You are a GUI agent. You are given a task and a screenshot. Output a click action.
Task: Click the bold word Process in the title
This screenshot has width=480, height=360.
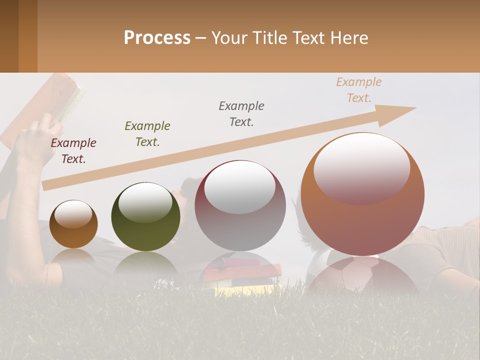(157, 37)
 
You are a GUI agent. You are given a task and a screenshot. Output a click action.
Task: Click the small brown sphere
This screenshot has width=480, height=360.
(73, 224)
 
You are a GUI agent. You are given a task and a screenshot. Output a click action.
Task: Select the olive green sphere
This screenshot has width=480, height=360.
(145, 216)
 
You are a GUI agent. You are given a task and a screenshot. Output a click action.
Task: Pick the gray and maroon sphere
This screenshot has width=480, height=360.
(240, 205)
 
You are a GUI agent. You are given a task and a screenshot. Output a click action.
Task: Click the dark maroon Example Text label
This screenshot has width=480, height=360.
(73, 151)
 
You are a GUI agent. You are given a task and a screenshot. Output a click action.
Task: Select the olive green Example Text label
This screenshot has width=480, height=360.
(147, 134)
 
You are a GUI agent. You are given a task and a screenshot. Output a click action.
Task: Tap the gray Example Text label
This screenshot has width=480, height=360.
(241, 114)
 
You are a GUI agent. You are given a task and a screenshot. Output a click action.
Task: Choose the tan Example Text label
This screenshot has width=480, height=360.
(359, 90)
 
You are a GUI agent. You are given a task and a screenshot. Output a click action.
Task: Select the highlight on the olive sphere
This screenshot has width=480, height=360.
(145, 202)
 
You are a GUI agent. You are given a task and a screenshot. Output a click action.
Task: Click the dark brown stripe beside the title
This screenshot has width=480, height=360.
(9, 36)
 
